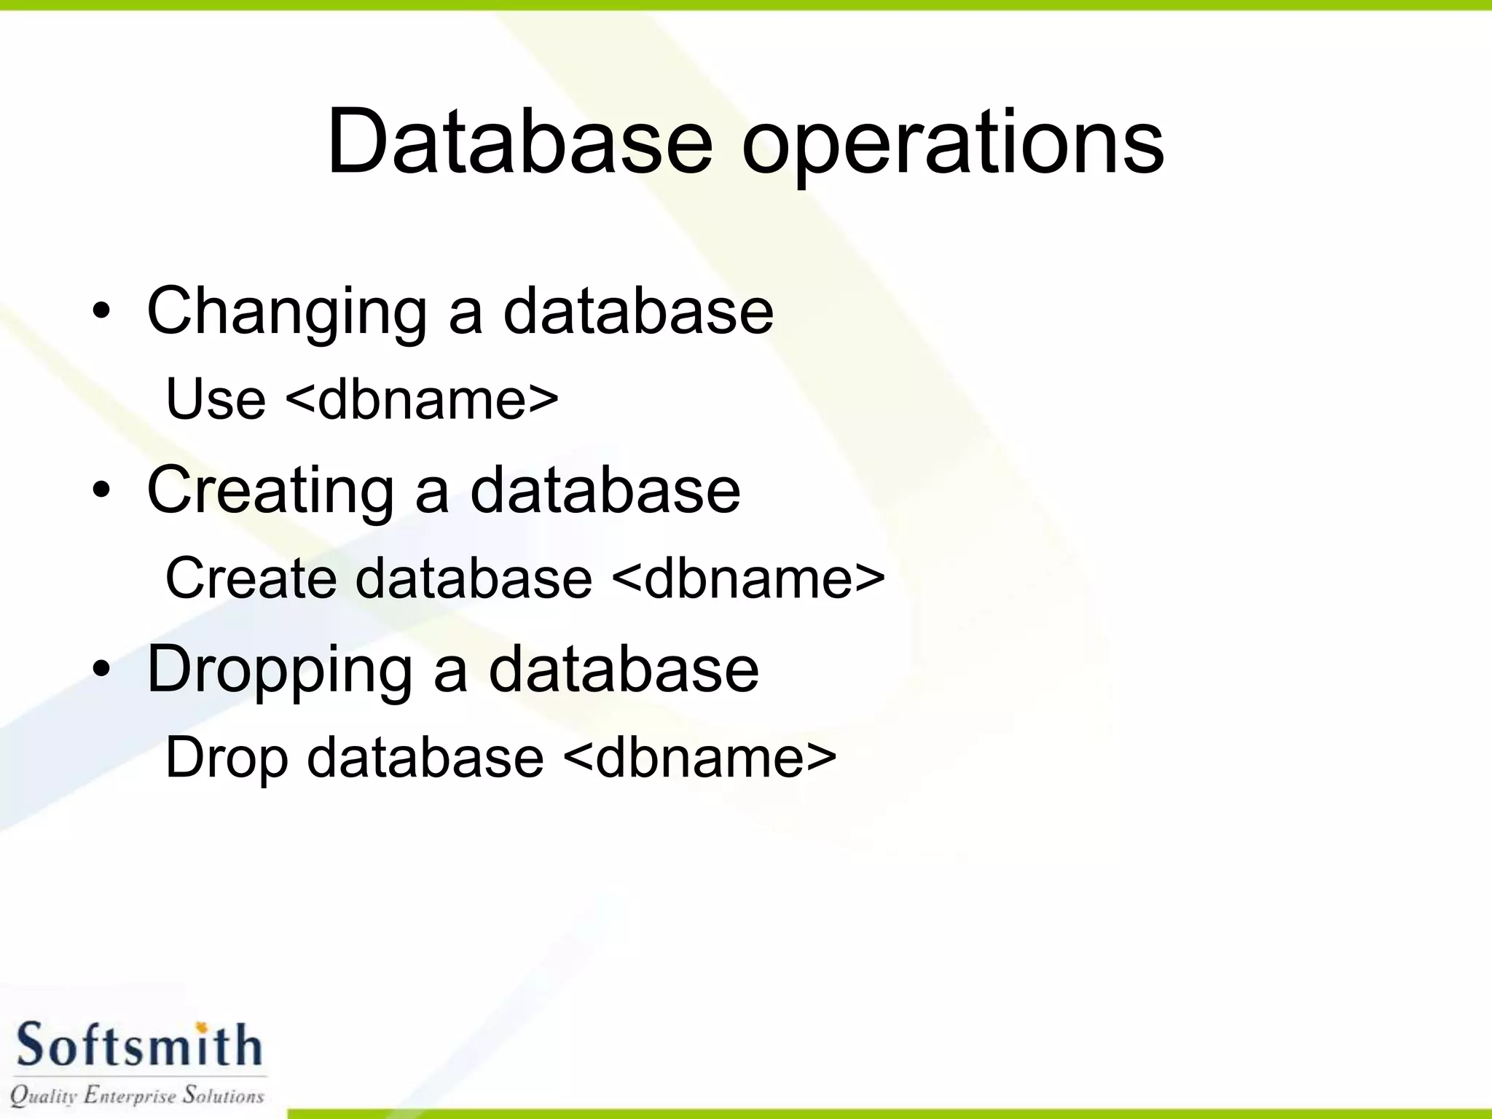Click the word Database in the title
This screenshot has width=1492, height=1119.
[x=519, y=142]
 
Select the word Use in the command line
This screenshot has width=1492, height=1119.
[x=216, y=399]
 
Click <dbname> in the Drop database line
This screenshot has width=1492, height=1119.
[x=700, y=758]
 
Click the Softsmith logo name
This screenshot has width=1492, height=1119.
[x=138, y=1046]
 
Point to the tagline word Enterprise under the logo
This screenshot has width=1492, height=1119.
[x=130, y=1096]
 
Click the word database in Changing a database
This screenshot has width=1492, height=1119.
[x=638, y=312]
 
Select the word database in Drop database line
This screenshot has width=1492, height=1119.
[x=425, y=758]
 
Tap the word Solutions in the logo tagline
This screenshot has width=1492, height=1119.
[x=223, y=1095]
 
